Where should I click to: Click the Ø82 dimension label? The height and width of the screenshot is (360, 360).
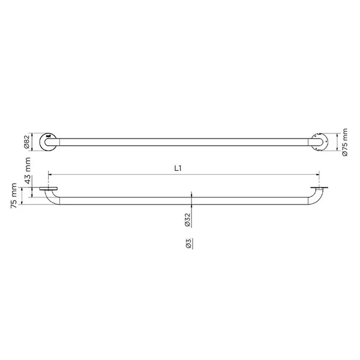(28, 142)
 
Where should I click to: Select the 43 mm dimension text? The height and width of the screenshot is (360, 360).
(28, 170)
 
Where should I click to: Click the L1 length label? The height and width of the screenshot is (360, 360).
(178, 169)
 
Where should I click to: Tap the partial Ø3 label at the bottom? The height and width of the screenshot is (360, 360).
(188, 243)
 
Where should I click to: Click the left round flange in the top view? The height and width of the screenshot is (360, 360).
(47, 142)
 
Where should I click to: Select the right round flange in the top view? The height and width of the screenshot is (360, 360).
(317, 142)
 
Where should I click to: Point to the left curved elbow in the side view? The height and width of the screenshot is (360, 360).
(53, 200)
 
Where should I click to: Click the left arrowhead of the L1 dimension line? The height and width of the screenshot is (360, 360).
(49, 175)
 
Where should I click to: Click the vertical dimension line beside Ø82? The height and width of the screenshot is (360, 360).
(35, 142)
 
